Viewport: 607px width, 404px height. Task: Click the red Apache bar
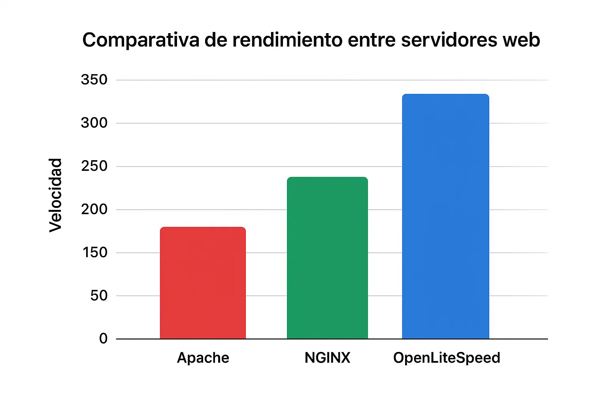(x=203, y=283)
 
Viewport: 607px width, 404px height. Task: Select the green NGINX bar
(x=327, y=258)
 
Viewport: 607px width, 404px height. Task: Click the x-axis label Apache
(x=203, y=358)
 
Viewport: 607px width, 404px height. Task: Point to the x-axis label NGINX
(x=327, y=358)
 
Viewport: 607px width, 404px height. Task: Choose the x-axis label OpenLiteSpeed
(x=447, y=358)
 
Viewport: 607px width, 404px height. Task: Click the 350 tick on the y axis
(x=94, y=80)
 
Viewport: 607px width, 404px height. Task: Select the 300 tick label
(x=94, y=123)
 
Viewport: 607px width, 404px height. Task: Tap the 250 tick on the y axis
(x=94, y=166)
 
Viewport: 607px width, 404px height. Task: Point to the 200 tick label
(x=94, y=209)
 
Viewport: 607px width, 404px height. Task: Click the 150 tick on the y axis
(x=95, y=252)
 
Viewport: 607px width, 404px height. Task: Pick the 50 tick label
(x=99, y=296)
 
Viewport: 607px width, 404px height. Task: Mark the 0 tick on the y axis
(x=103, y=339)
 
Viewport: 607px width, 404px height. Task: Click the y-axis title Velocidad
(x=56, y=195)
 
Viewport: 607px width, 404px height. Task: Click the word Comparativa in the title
(x=141, y=40)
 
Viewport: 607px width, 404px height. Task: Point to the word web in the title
(x=522, y=40)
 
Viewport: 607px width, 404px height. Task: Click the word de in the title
(x=216, y=40)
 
